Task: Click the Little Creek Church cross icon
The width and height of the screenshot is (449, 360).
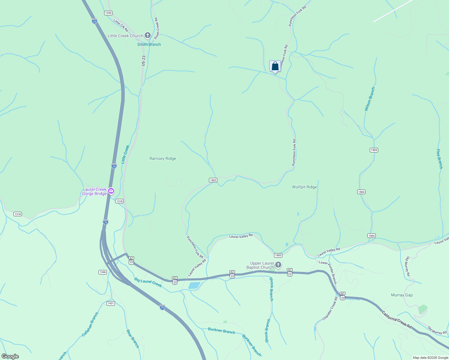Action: [x=147, y=35]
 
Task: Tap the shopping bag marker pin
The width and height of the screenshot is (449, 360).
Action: [x=275, y=66]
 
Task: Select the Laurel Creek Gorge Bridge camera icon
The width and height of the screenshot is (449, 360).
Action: [x=111, y=191]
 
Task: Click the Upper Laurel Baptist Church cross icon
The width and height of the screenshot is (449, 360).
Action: [x=278, y=265]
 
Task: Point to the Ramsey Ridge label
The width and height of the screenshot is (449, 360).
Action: [x=163, y=158]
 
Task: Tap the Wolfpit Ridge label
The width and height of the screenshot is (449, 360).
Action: [x=304, y=187]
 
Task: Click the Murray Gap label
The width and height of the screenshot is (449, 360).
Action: [x=402, y=295]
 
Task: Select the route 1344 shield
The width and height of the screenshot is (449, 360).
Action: [x=108, y=13]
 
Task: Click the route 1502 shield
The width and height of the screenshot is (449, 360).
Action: [x=213, y=180]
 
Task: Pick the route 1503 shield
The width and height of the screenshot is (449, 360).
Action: [x=278, y=255]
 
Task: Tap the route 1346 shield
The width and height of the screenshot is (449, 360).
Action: [x=102, y=272]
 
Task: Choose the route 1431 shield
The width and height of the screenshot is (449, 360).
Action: [x=110, y=303]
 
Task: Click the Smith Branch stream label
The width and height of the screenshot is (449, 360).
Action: [x=149, y=44]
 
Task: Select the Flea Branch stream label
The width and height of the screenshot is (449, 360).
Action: [x=439, y=159]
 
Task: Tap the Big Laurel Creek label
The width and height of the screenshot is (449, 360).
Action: [x=148, y=282]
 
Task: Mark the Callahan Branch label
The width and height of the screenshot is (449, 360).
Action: [x=90, y=324]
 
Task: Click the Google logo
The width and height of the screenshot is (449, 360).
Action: [x=10, y=356]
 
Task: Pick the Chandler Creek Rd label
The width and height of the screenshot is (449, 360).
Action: [x=330, y=309]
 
